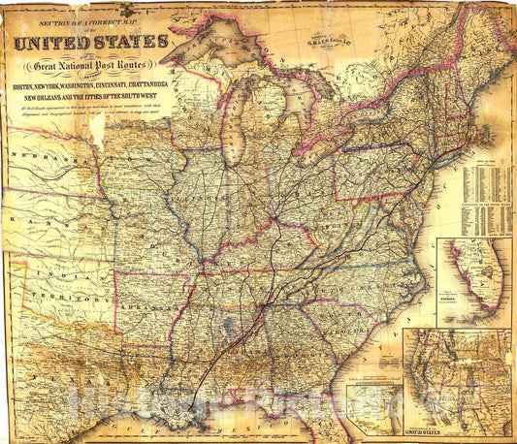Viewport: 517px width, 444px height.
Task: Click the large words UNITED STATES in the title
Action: tap(89, 42)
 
